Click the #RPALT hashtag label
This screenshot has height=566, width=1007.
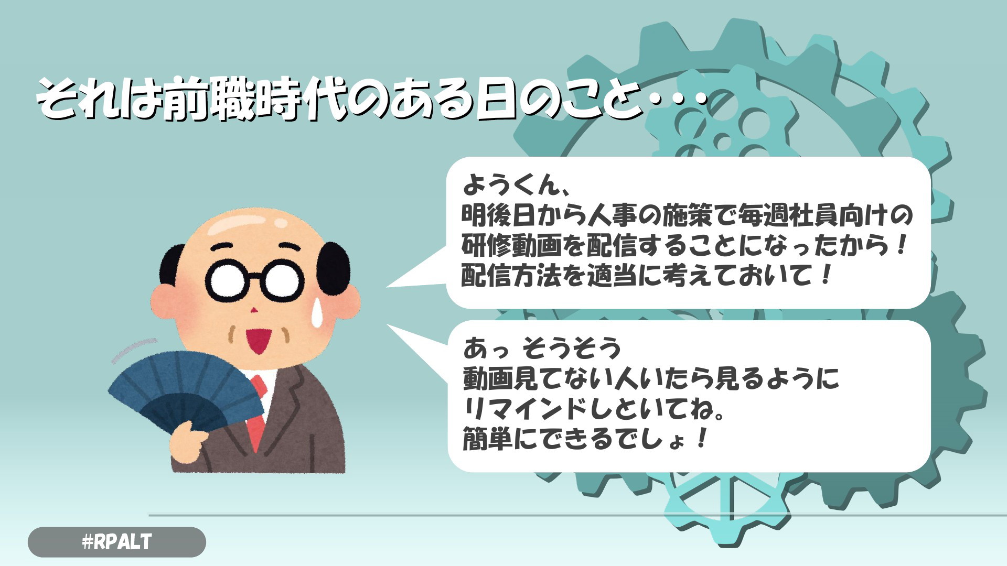117,542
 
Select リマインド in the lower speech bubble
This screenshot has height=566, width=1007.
526,408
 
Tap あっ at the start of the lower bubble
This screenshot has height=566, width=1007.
484,347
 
